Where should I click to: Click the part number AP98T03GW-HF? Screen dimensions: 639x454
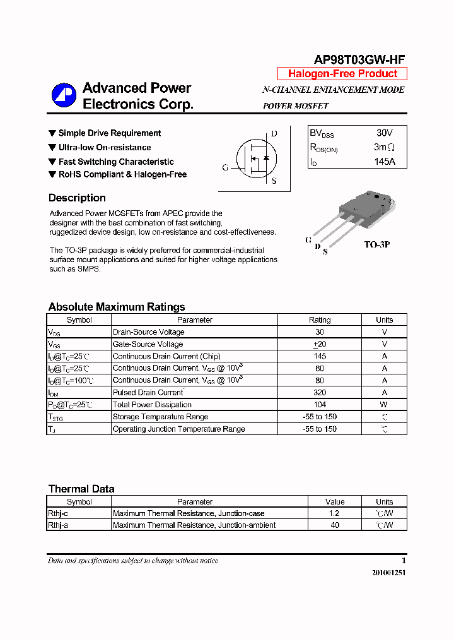point(359,59)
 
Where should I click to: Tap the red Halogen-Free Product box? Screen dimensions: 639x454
point(342,74)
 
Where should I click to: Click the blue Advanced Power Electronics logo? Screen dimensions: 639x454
point(64,95)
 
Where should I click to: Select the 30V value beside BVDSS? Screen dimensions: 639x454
point(384,133)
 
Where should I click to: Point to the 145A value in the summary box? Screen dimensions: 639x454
point(384,162)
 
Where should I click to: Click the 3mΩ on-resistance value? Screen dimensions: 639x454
point(384,148)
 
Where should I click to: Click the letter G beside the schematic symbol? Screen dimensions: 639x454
point(225,168)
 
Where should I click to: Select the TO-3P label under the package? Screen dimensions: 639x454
point(377,244)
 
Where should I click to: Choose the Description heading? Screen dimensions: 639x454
point(77,198)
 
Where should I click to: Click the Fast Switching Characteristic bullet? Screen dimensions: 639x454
point(116,162)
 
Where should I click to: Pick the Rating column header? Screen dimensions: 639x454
point(320,320)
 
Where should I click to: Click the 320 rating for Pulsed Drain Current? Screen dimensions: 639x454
point(320,393)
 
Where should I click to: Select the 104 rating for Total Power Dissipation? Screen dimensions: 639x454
point(320,405)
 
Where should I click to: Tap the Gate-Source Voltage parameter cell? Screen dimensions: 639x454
point(148,344)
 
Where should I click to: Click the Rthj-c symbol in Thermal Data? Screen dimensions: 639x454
point(58,514)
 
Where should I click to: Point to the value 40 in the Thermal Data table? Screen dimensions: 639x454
point(335,525)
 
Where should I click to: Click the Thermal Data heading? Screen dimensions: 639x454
point(81,489)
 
